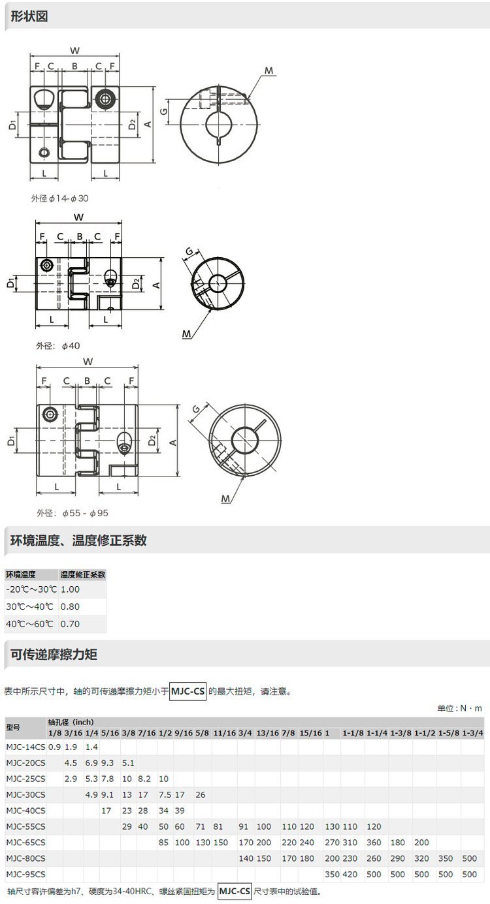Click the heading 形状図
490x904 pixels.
coord(29,16)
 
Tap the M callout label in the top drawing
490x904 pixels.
coord(269,70)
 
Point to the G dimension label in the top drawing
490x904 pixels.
coord(163,112)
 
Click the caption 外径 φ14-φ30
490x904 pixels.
coord(60,198)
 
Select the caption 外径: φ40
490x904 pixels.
coord(58,345)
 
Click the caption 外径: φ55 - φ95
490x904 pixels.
coord(73,513)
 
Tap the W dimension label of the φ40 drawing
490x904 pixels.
coord(79,217)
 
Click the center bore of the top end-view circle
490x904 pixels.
coord(219,124)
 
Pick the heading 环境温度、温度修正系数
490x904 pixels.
coord(78,540)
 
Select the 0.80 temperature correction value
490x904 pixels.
coord(70,606)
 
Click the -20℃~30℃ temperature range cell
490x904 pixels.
coord(31,589)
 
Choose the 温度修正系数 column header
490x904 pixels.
coord(83,574)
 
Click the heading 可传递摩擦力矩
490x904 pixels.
coord(54,654)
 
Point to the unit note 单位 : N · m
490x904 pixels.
coord(460,708)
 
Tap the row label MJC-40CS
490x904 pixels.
coord(26,811)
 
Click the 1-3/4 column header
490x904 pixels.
coord(472,733)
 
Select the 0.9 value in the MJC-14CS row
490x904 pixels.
coord(54,747)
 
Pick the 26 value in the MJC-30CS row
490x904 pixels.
coord(201,794)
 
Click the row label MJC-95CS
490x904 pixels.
coord(26,874)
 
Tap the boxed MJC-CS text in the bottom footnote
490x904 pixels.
coord(235,891)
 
